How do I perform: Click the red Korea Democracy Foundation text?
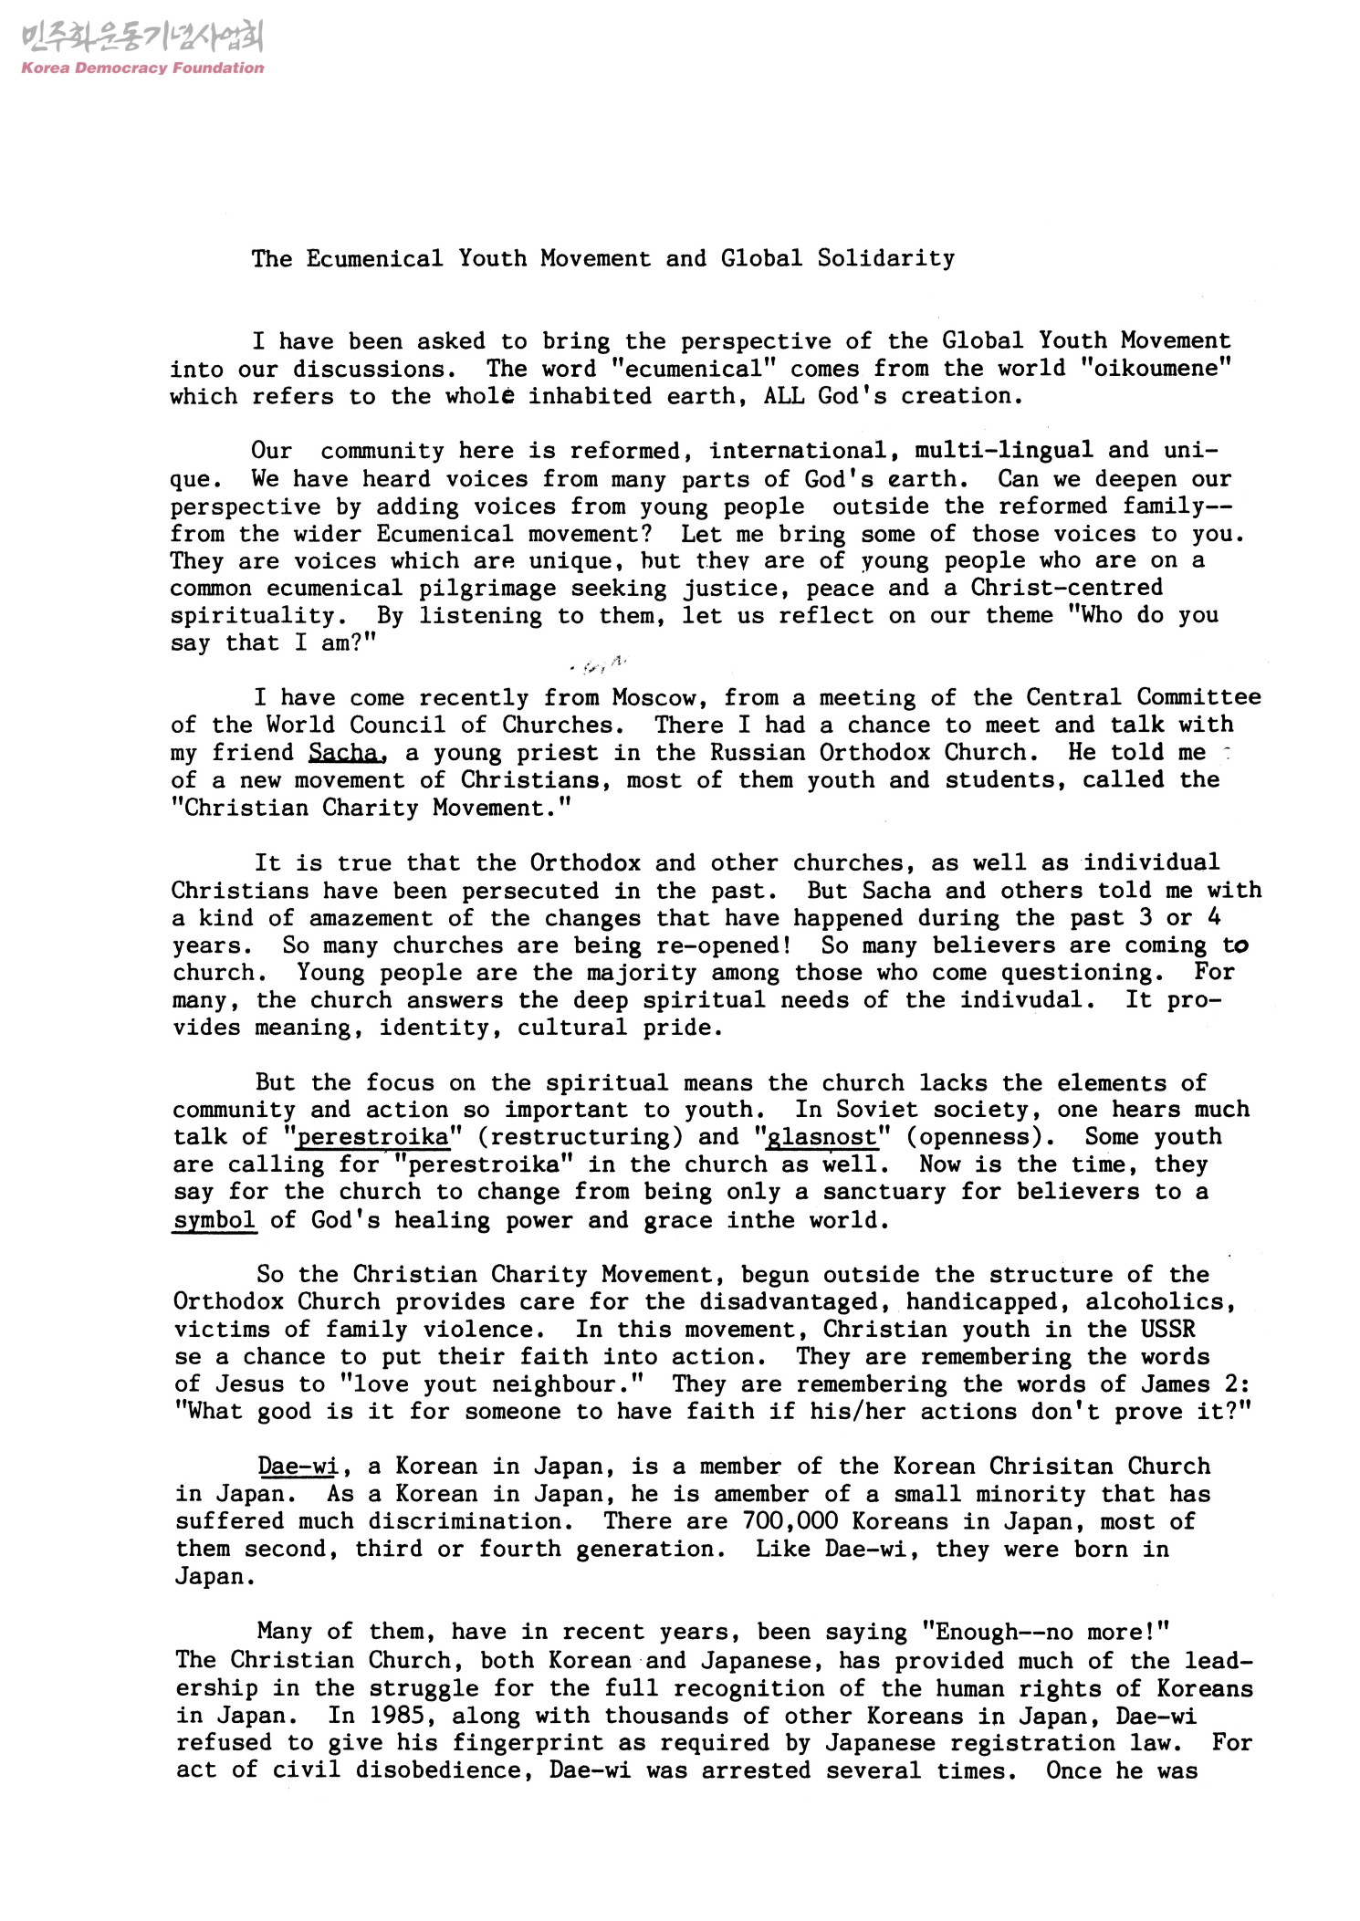coord(141,68)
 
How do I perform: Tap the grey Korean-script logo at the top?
coord(141,38)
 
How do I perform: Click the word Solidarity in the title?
coord(885,258)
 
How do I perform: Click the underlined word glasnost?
coord(822,1137)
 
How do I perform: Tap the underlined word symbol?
coord(214,1220)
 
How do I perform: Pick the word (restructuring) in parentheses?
coord(590,1137)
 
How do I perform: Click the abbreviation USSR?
coord(1167,1330)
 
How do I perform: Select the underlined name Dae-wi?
coord(298,1467)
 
